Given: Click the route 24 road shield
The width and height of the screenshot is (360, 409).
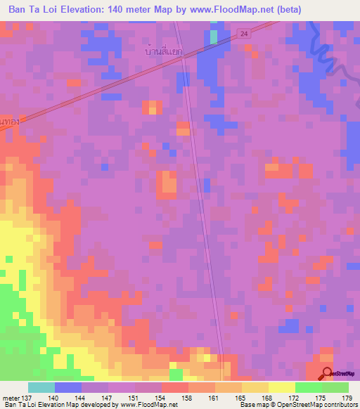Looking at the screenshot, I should pos(243,33).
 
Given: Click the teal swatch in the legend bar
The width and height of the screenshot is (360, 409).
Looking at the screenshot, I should pos(41,387).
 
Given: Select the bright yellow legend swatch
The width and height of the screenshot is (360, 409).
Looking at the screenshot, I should pos(282,387).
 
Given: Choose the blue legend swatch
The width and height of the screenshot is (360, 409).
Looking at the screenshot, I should pos(68,387).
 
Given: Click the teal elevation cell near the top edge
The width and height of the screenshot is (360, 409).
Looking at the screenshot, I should pos(213,37).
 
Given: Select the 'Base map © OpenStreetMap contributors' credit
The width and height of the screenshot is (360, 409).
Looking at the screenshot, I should pos(298,405).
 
